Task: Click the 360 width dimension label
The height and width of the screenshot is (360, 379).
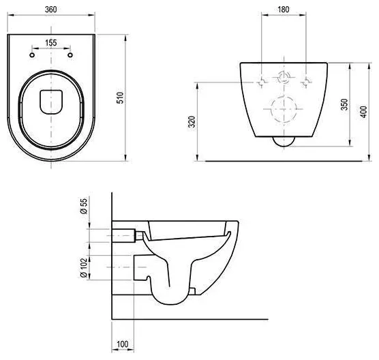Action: click(x=50, y=10)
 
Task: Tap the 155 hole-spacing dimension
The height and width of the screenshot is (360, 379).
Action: click(x=51, y=43)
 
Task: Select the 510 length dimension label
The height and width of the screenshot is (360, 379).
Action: click(x=120, y=97)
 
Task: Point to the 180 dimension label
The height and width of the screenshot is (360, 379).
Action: click(x=284, y=10)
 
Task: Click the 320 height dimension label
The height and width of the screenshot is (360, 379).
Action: click(x=192, y=121)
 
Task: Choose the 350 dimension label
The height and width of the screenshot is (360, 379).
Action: click(x=344, y=104)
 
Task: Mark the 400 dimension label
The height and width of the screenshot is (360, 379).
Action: click(x=363, y=112)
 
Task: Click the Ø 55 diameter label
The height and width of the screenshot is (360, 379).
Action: click(x=84, y=206)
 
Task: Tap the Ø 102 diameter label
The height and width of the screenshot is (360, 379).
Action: click(x=84, y=267)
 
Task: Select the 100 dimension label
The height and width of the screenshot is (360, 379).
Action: click(x=123, y=344)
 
